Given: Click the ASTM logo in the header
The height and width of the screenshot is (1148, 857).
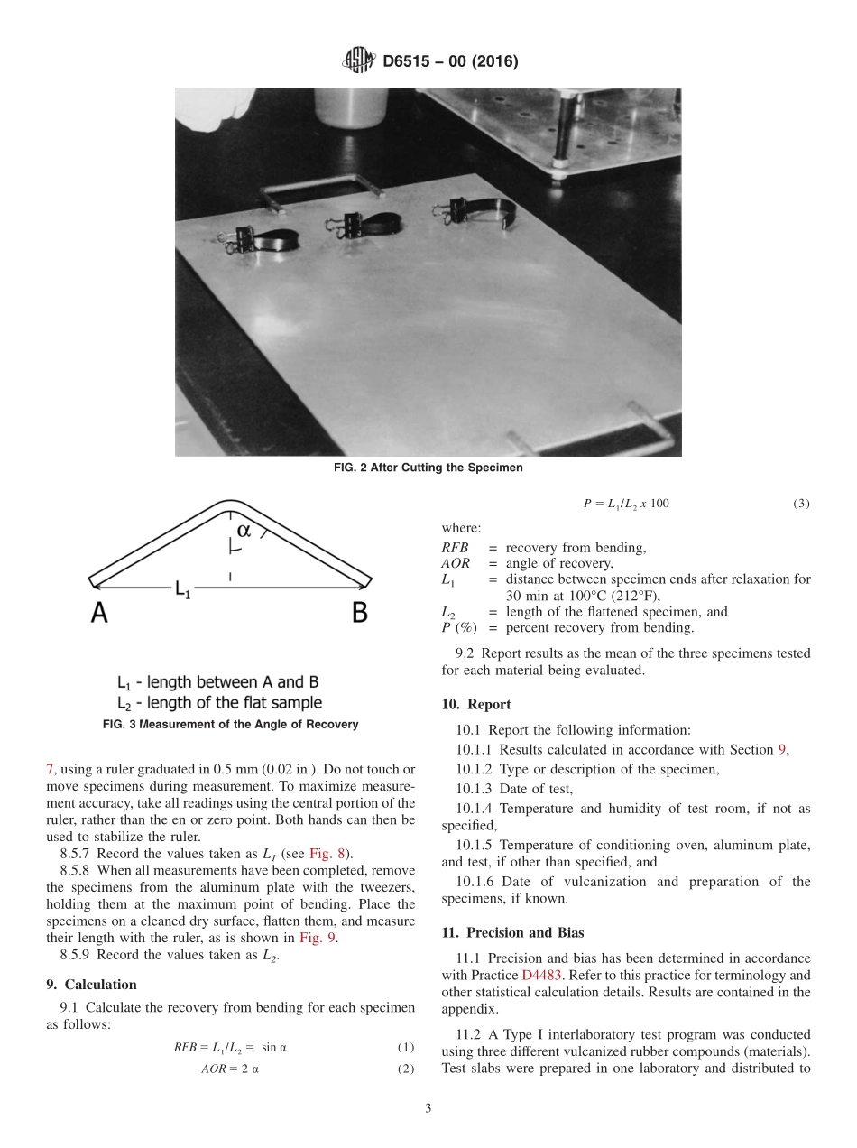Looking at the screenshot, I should [x=360, y=61].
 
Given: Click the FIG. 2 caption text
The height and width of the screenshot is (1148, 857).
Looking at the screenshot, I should [x=428, y=468].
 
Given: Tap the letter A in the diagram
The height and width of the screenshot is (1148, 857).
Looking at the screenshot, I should [x=99, y=614].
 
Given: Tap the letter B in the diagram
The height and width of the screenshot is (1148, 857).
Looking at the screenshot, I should [x=359, y=614].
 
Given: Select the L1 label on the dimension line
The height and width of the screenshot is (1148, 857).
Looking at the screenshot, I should [x=182, y=590].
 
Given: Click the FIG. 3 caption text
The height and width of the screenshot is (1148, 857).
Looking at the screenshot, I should [x=231, y=724].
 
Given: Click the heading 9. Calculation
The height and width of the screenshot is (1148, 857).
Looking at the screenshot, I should [x=91, y=985].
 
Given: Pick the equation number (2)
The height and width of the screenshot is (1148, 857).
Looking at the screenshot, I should [x=405, y=1069].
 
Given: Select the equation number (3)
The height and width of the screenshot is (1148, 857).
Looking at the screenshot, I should [x=801, y=503].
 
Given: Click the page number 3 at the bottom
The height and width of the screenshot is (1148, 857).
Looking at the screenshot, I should [x=428, y=1108].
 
